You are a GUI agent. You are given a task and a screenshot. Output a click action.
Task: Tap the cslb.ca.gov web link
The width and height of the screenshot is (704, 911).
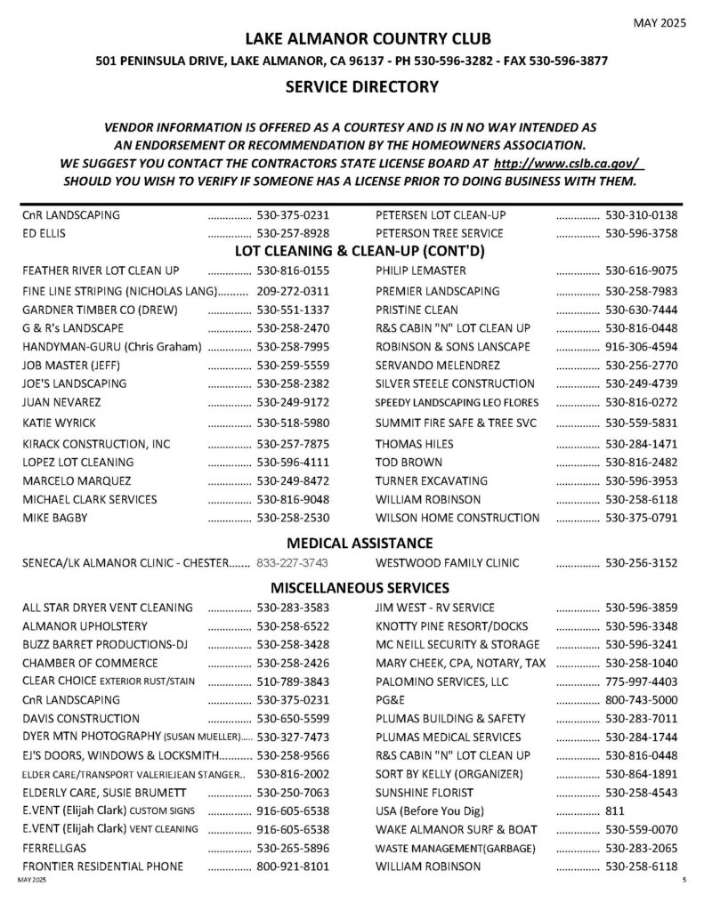pyautogui.click(x=567, y=165)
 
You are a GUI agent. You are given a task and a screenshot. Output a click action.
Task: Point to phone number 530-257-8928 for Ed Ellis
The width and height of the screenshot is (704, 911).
pyautogui.click(x=293, y=234)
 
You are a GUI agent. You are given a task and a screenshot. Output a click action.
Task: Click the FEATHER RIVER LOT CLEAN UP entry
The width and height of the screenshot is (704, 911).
pyautogui.click(x=101, y=270)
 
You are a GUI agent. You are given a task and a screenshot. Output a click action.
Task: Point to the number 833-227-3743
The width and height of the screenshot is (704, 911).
pyautogui.click(x=293, y=563)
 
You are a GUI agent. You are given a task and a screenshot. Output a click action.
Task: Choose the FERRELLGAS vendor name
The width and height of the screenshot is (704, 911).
pyautogui.click(x=54, y=849)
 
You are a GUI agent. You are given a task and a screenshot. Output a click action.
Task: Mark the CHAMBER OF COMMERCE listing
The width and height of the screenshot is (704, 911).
pyautogui.click(x=90, y=664)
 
